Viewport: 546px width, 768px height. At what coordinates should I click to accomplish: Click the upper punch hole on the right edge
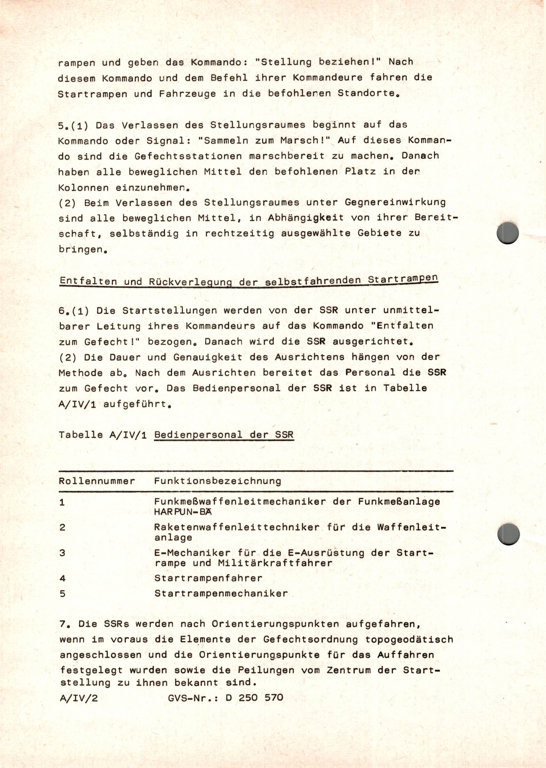[507, 233]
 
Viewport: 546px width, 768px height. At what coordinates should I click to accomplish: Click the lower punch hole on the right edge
[508, 534]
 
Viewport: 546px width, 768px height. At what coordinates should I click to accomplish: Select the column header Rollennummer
[97, 481]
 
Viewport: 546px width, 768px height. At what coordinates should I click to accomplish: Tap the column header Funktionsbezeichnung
[218, 481]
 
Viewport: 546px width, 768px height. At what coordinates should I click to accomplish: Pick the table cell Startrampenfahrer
[208, 578]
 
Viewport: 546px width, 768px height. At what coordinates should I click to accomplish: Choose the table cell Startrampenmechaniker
[221, 593]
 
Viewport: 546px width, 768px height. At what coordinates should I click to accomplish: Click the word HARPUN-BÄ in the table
[183, 512]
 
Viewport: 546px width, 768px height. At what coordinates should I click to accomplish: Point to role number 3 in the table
[62, 553]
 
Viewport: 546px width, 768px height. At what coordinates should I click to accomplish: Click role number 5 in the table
[62, 593]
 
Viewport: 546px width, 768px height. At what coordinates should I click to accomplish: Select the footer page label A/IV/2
[79, 698]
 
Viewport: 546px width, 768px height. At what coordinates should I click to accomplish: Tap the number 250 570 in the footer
[261, 698]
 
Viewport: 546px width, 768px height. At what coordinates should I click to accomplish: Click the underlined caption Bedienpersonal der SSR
[224, 435]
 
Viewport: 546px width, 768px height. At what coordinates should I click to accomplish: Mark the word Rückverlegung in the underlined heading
[190, 282]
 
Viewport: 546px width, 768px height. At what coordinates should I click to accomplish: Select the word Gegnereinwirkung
[395, 202]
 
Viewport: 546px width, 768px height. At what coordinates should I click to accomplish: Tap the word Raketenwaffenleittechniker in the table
[237, 527]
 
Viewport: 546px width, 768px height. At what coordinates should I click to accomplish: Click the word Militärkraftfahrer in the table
[275, 563]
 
